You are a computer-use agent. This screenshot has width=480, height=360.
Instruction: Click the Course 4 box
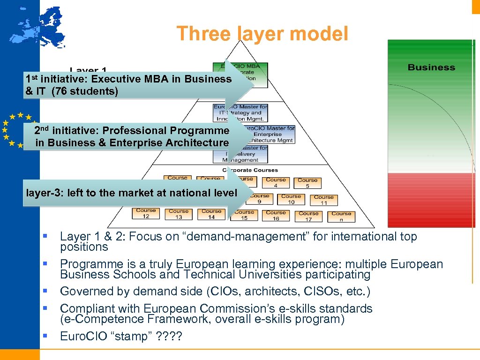[276, 182]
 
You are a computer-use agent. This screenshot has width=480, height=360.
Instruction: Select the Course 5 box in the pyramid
[307, 183]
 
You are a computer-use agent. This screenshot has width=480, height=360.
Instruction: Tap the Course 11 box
[323, 200]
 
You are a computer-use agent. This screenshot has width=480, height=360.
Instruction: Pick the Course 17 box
[308, 216]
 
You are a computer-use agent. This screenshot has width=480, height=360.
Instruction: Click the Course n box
[341, 217]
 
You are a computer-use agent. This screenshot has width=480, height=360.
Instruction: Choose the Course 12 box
[146, 213]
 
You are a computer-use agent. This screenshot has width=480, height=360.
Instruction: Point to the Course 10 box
[291, 199]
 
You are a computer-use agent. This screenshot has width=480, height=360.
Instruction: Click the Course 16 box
[276, 216]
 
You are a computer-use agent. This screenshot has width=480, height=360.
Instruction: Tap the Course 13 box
[179, 214]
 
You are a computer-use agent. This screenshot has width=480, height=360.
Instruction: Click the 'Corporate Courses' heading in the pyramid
[250, 170]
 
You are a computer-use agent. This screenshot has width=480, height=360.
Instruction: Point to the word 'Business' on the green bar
[431, 67]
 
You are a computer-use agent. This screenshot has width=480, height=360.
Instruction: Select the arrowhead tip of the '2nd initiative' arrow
[253, 137]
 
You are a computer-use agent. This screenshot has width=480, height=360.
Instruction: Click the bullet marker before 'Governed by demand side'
[45, 292]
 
